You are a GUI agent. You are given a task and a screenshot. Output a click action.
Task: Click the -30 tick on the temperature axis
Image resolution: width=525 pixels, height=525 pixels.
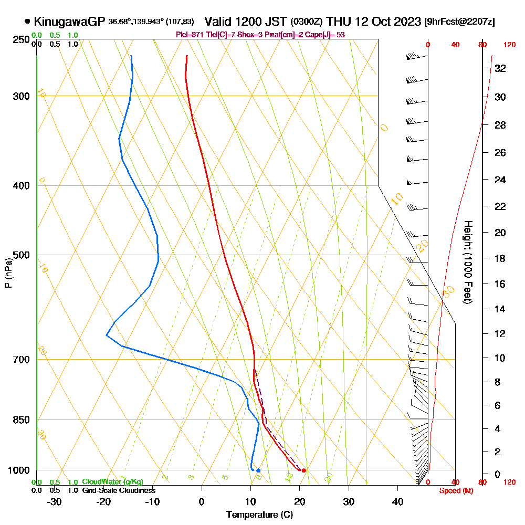tap(55, 501)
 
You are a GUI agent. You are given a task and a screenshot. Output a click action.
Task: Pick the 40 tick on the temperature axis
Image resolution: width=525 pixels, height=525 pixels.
tap(398, 501)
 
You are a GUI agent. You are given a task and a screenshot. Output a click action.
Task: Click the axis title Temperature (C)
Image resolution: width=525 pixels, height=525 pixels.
tap(259, 515)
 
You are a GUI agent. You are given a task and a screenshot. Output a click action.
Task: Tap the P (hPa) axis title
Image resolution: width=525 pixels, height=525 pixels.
tap(8, 273)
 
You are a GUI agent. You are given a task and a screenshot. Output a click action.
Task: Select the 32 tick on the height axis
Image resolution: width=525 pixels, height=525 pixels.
tap(500, 68)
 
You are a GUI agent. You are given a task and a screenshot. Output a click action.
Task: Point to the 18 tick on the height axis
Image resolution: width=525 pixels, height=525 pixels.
tap(500, 258)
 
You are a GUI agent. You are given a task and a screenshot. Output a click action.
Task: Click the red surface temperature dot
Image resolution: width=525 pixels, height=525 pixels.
tap(303, 470)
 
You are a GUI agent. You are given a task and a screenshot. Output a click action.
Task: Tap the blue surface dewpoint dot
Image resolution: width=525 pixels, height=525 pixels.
tap(258, 470)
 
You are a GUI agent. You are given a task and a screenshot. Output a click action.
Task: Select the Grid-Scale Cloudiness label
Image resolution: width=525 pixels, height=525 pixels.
tap(119, 490)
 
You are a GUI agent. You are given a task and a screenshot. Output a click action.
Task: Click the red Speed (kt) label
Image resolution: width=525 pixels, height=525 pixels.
tap(455, 490)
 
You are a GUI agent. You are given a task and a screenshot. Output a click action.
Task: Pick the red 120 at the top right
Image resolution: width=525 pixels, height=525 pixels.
tap(509, 45)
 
